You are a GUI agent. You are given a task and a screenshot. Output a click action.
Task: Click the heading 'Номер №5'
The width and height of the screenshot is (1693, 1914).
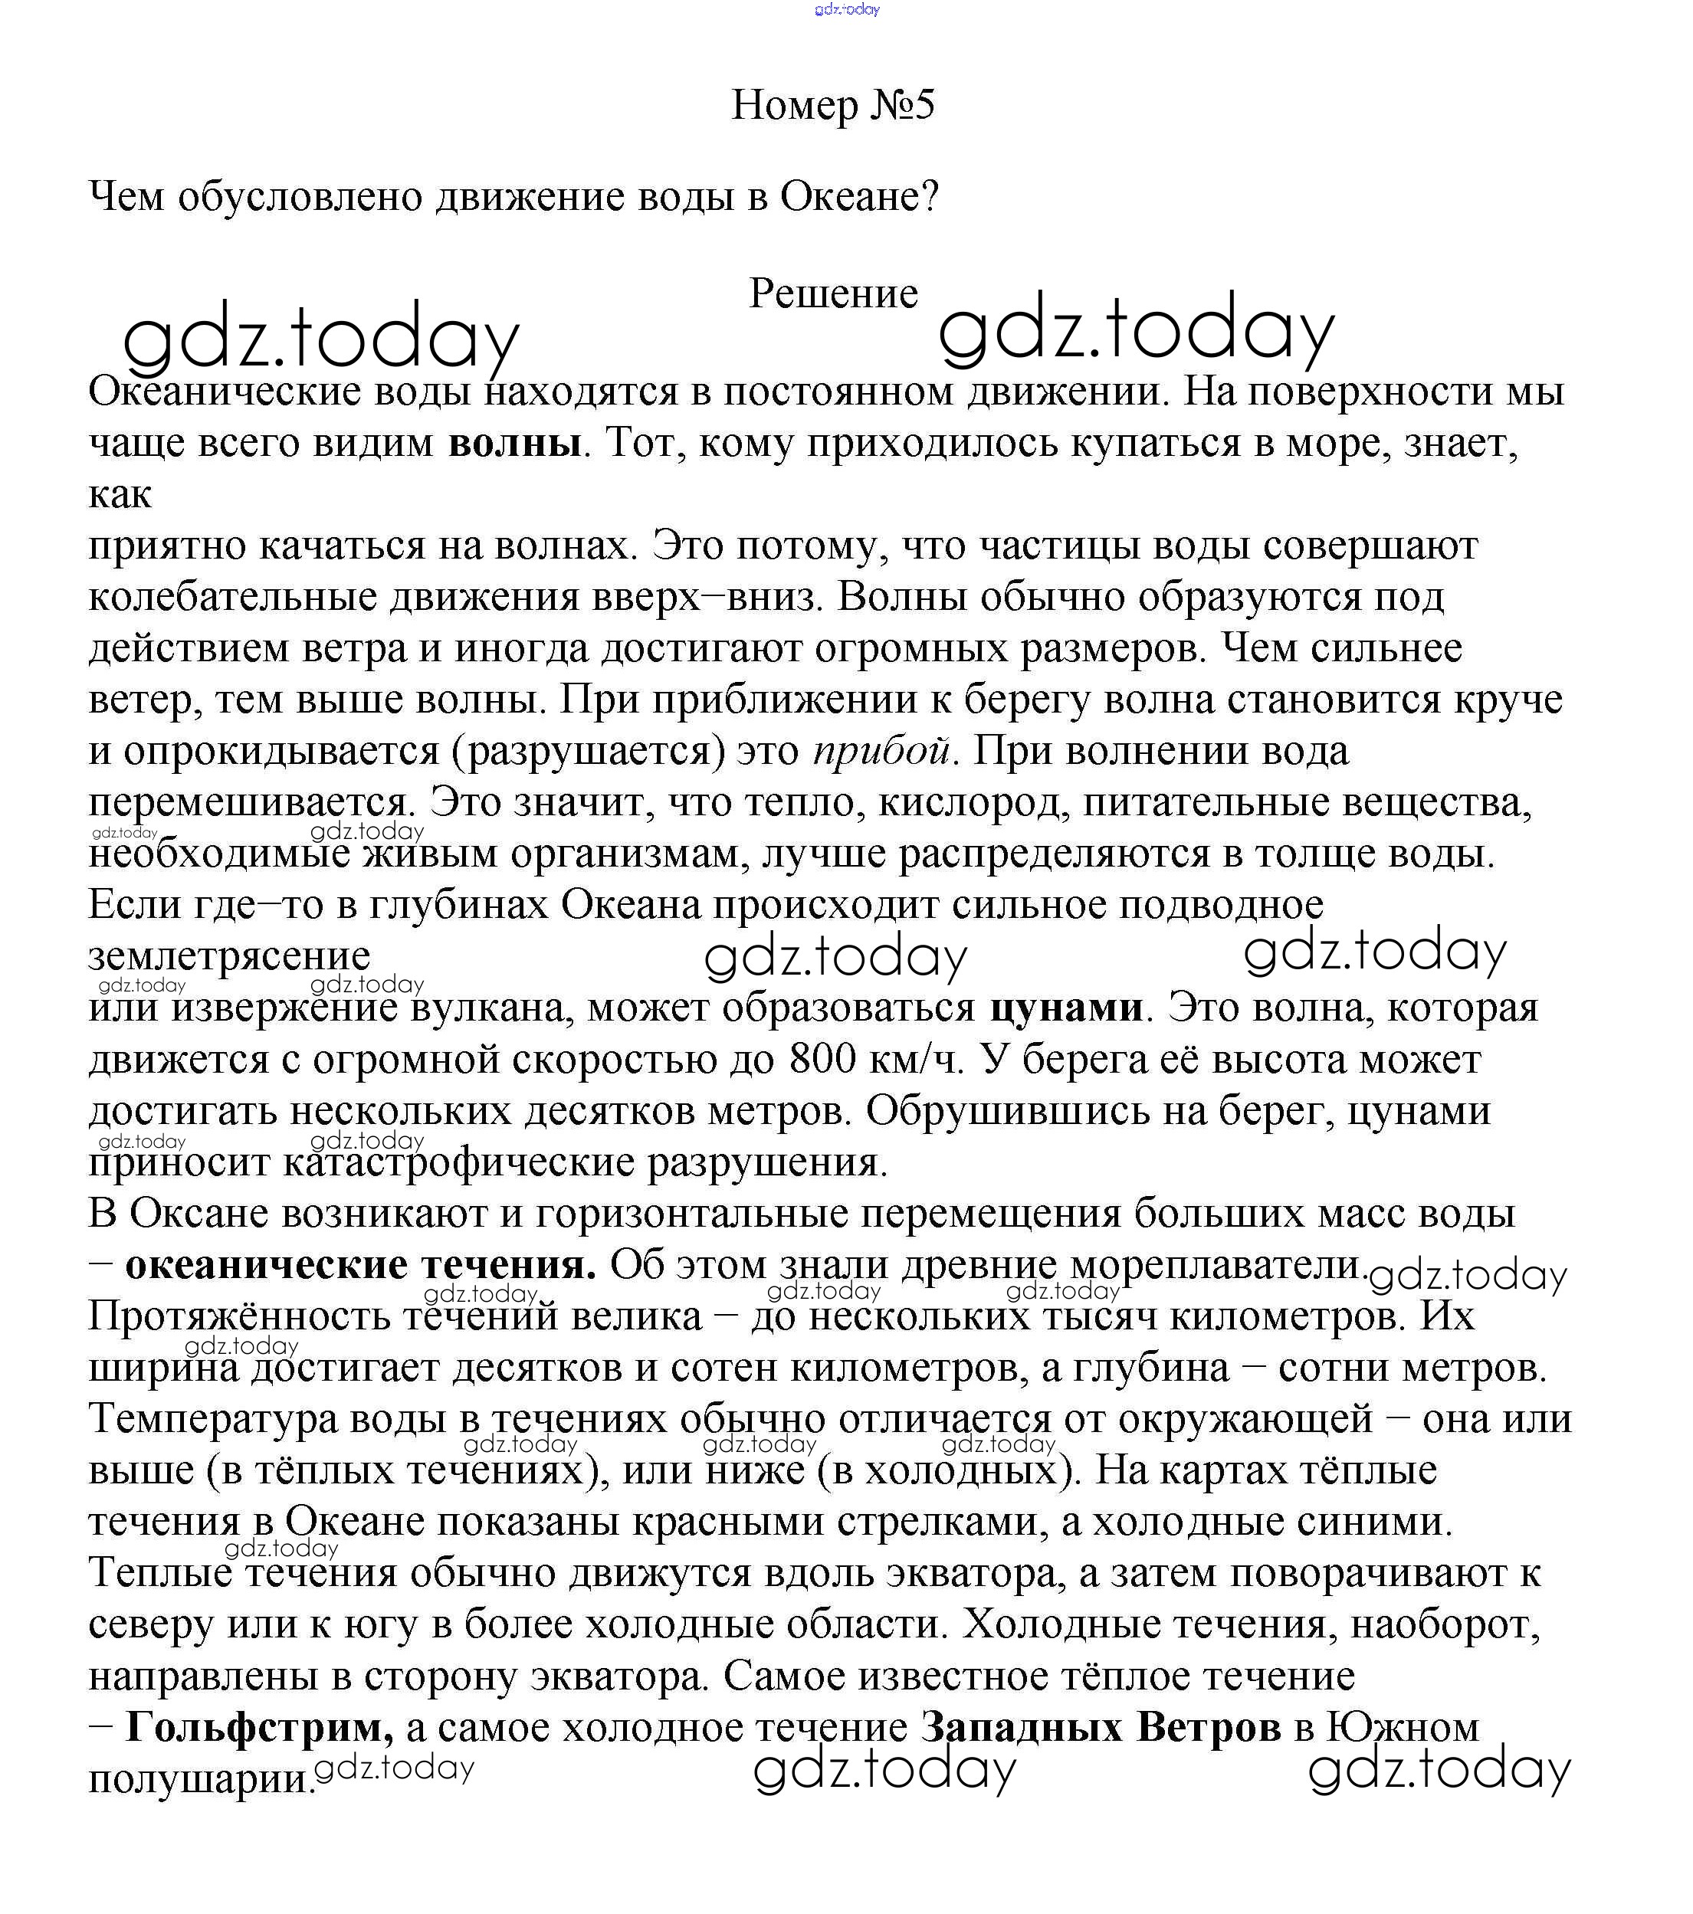point(832,105)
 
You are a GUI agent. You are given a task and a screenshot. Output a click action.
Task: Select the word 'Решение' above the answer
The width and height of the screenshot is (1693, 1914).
point(833,294)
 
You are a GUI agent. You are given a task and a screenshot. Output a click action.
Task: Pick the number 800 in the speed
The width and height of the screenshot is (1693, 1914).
point(822,1059)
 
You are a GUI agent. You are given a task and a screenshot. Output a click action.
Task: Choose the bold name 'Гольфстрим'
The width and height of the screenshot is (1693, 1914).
point(259,1727)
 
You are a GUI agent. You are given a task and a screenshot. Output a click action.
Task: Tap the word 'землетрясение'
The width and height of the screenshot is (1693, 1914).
point(229,956)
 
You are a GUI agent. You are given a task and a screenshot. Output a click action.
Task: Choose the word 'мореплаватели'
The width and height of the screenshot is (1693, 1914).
point(1215,1265)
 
